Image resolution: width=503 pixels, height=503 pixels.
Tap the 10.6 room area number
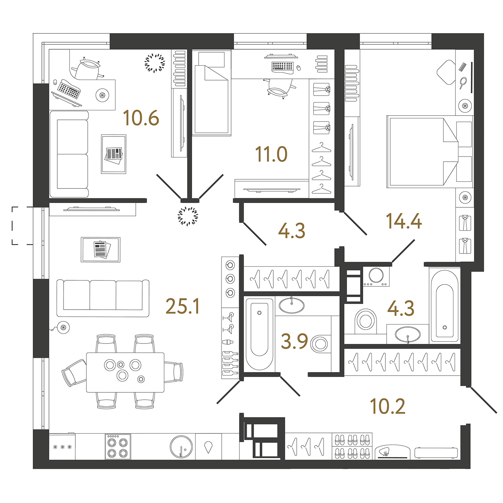tap(141, 118)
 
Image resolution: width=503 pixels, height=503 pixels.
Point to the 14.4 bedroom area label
tap(404, 221)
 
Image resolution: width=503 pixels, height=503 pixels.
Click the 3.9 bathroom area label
tap(295, 341)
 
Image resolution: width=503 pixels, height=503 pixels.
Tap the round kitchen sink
tap(181, 446)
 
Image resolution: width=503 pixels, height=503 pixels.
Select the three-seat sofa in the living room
tap(103, 298)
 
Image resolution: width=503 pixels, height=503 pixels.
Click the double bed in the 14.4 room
tap(422, 152)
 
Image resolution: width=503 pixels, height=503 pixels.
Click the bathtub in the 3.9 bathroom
tap(259, 335)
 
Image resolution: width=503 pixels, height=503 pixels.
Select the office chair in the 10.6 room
tap(88, 68)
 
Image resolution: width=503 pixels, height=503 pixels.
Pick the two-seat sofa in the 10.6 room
tap(69, 154)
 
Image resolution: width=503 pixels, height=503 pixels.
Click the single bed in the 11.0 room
tap(212, 93)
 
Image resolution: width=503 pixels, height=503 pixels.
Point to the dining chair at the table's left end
tap(74, 373)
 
